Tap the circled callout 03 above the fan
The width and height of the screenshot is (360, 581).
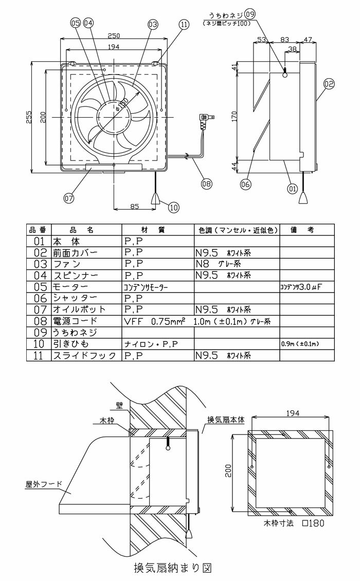(x=152, y=24)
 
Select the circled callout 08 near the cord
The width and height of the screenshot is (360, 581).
(x=206, y=183)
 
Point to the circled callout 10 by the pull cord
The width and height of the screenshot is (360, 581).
(x=173, y=208)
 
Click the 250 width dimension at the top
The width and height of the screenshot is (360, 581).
(x=114, y=35)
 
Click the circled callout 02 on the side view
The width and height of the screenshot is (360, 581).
(x=329, y=83)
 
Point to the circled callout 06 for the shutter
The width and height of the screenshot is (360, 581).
(x=245, y=183)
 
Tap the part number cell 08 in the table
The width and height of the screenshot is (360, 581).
(x=38, y=321)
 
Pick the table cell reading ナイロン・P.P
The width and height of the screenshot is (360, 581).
(x=151, y=343)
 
